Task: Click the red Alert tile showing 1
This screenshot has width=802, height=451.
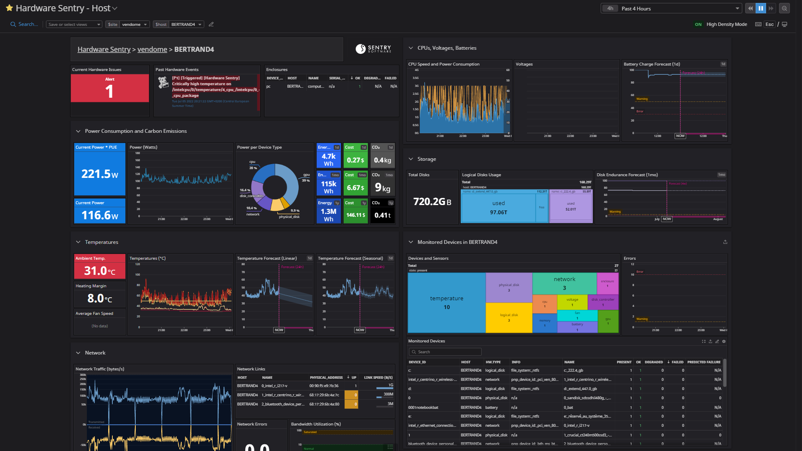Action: [109, 89]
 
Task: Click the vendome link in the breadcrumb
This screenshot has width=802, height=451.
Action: [152, 49]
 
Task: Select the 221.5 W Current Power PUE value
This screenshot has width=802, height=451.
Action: [99, 174]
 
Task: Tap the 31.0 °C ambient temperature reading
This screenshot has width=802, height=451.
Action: [99, 271]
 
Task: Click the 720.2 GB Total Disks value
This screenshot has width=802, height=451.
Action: [432, 202]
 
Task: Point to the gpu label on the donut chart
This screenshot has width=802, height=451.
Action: [306, 175]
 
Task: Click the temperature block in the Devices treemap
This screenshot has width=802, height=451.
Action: [446, 303]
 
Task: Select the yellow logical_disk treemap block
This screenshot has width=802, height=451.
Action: [509, 317]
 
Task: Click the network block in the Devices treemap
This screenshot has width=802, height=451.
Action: [564, 283]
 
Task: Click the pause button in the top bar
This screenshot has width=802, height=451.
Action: [761, 8]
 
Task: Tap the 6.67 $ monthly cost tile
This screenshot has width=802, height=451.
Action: [355, 188]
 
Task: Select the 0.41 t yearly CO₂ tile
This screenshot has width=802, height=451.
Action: [382, 215]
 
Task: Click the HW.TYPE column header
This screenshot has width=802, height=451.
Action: [493, 362]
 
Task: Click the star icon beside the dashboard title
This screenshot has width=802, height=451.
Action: [9, 8]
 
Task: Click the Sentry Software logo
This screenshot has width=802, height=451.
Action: [373, 49]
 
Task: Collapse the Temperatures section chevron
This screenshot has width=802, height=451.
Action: [78, 242]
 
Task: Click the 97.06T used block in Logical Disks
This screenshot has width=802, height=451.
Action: [498, 208]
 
